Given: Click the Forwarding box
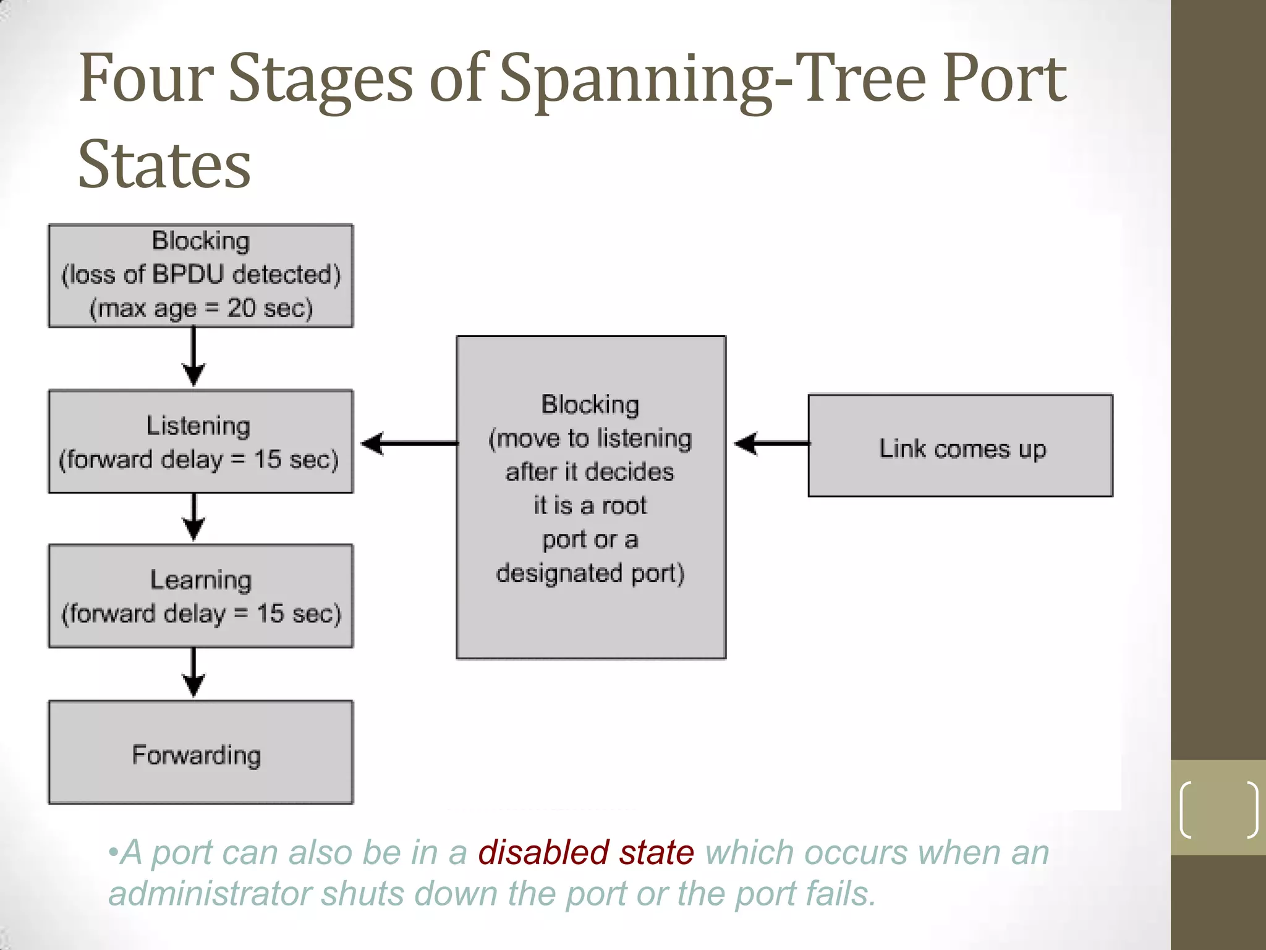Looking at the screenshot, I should (x=200, y=752).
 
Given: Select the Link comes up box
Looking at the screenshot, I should (x=960, y=446).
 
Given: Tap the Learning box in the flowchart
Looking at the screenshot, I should (x=200, y=596).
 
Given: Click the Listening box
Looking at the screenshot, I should (x=200, y=442).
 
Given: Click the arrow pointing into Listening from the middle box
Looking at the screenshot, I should (x=408, y=443).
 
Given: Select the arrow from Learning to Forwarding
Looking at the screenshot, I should (x=194, y=673).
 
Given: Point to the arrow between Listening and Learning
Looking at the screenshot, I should (x=194, y=518).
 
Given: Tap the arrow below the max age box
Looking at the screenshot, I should (x=194, y=357).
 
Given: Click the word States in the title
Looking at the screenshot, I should (x=164, y=165).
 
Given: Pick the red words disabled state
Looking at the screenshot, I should (x=585, y=852).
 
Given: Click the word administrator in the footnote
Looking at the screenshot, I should (x=210, y=894).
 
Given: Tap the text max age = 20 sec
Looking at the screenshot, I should (x=201, y=308).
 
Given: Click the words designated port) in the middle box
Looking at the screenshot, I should (x=590, y=573).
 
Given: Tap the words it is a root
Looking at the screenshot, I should (x=590, y=506).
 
